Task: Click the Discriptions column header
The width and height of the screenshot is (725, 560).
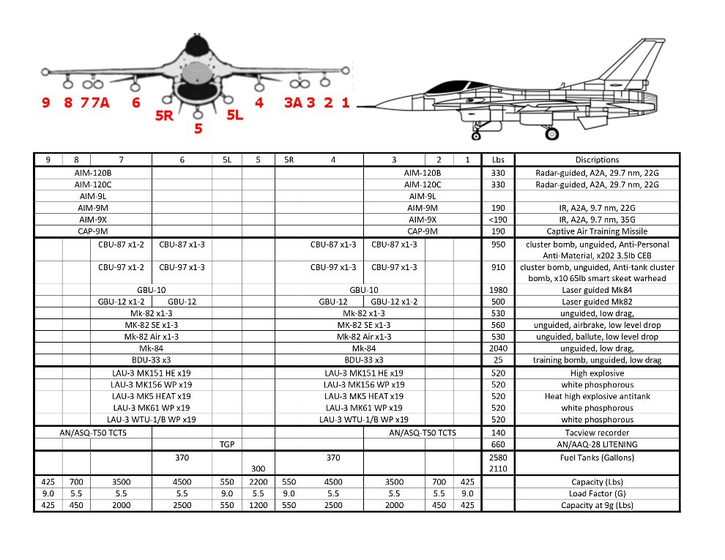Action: tap(597, 160)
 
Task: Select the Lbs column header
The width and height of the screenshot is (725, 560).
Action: tap(498, 160)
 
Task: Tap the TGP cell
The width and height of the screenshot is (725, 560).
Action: tap(227, 444)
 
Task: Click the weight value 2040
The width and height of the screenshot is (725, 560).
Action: tap(498, 348)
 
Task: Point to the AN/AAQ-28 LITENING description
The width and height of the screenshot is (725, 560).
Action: tap(597, 444)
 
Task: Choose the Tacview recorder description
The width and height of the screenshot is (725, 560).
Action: tap(597, 433)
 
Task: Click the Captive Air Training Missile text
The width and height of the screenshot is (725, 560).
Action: tap(597, 231)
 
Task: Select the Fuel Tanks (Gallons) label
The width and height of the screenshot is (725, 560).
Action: tap(597, 458)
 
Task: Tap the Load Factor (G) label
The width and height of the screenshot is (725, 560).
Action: tap(597, 494)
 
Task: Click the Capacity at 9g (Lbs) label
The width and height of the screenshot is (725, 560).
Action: tap(597, 505)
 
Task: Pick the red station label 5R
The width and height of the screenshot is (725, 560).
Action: tap(165, 115)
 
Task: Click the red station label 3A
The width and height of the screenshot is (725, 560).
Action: tap(293, 102)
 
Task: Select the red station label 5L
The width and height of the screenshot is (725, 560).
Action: tap(234, 115)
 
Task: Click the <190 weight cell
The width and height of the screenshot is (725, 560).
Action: tap(498, 220)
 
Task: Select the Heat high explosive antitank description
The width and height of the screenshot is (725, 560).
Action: tap(597, 396)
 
